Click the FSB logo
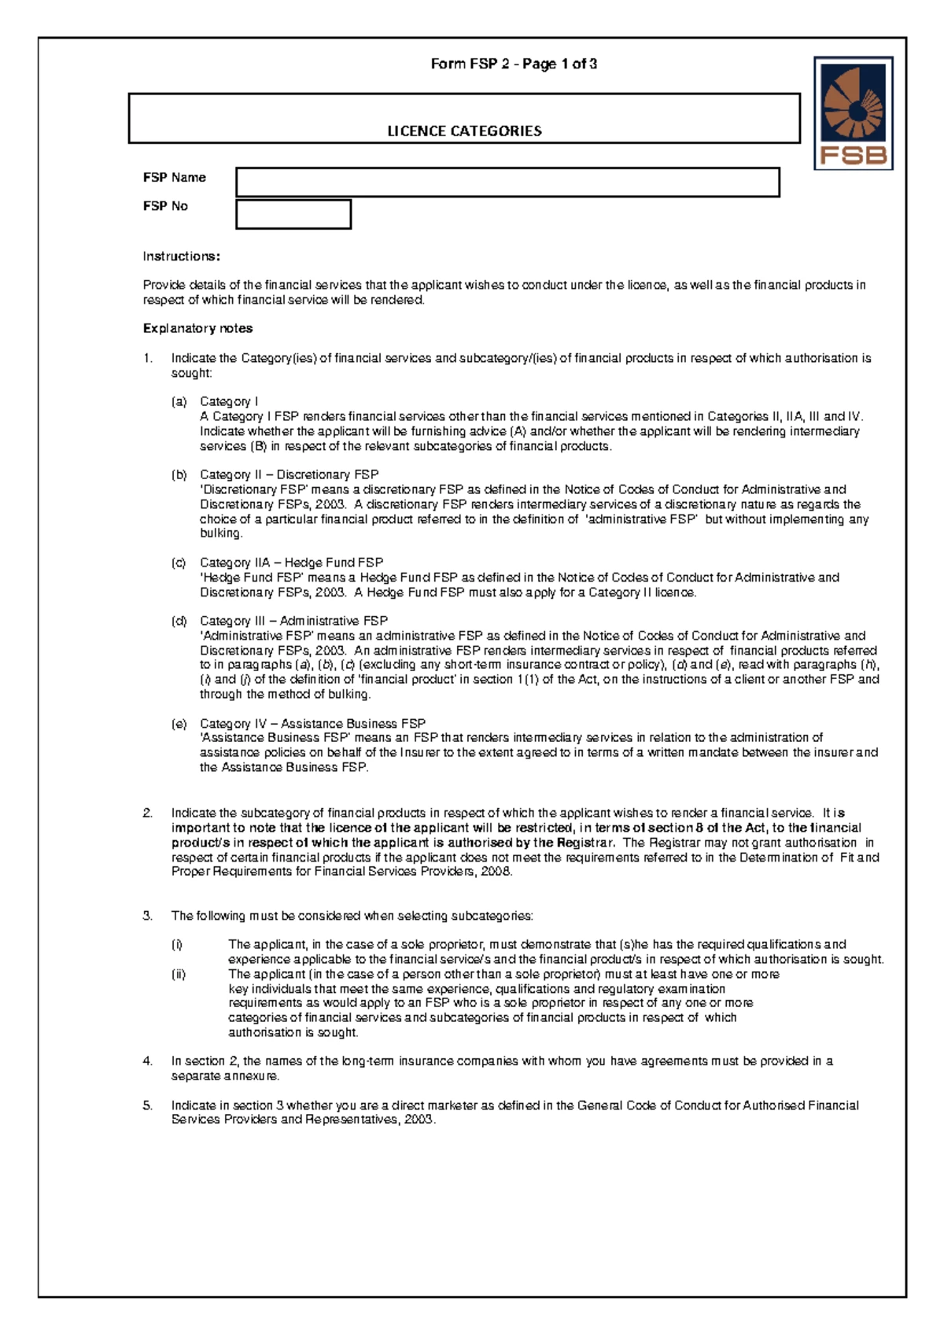coord(854,113)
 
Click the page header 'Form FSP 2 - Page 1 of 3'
coord(514,65)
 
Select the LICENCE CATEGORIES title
coord(464,131)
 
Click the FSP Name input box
coord(507,183)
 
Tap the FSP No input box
coord(293,214)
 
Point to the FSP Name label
coord(174,178)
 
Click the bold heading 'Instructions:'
coord(181,256)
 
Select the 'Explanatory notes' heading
coord(197,329)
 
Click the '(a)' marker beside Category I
coord(179,402)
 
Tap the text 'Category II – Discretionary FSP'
coord(289,475)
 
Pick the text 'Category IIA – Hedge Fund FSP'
coord(291,563)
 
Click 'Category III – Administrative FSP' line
coord(293,622)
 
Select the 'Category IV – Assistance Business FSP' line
coord(312,724)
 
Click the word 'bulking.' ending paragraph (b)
coord(221,533)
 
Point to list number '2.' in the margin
coord(148,814)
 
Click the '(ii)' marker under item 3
coord(179,975)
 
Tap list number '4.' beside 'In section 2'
coord(148,1061)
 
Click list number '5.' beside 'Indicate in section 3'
coord(148,1105)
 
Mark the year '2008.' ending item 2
coord(497,872)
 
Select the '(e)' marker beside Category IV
coord(179,724)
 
